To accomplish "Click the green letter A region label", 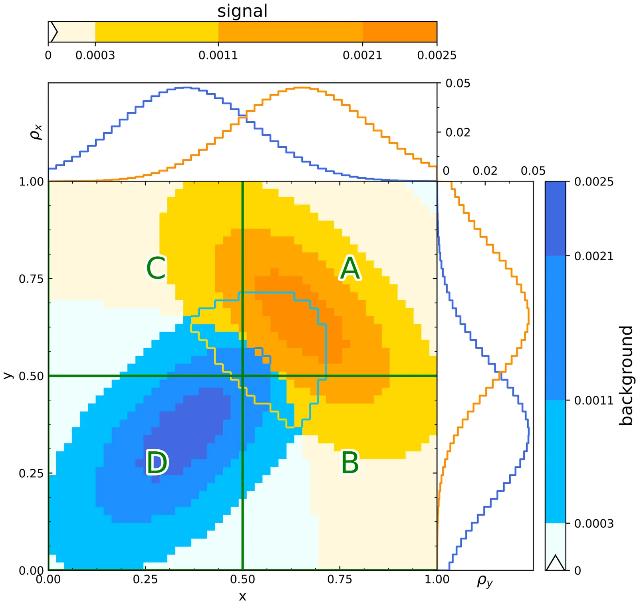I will [350, 268].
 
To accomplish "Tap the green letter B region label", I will [350, 462].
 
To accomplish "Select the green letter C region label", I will [156, 268].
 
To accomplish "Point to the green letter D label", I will [157, 462].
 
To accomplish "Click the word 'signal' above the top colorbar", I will [242, 11].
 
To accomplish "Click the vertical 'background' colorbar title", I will [626, 375].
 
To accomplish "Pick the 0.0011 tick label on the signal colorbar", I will [218, 55].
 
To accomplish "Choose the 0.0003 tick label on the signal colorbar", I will [95, 55].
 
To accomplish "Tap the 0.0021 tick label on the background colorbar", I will [593, 256].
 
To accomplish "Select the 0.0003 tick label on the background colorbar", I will [593, 523].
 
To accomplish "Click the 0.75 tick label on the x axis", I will [339, 580].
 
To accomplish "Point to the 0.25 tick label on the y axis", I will [31, 473].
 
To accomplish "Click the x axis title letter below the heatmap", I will [242, 596].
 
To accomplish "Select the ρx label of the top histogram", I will [36, 132].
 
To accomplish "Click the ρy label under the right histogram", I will [485, 581].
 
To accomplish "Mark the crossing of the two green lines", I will [242, 376].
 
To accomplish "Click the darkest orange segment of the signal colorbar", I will [399, 32].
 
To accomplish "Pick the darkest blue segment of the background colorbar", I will [556, 218].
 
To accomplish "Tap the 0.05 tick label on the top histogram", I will [458, 84].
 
